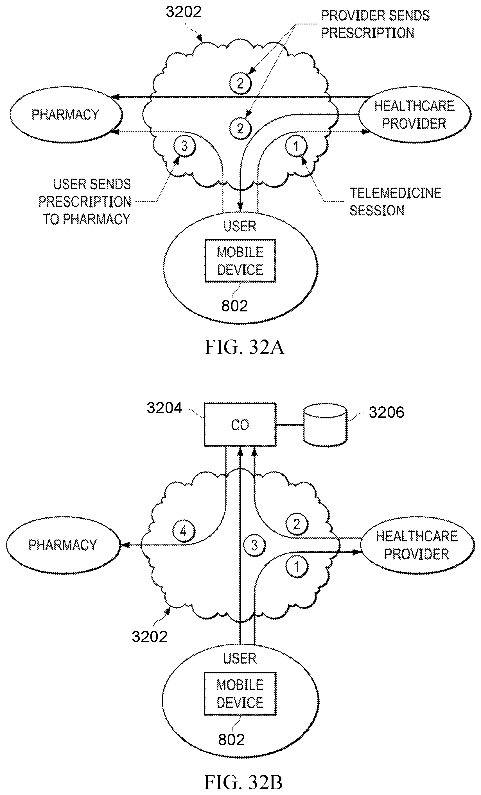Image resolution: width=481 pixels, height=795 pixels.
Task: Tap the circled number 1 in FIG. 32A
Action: click(296, 146)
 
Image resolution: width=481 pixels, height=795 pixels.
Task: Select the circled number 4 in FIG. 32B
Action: click(184, 531)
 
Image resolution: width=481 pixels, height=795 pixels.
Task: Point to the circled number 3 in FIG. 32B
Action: click(254, 545)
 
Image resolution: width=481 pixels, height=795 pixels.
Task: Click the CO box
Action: click(240, 425)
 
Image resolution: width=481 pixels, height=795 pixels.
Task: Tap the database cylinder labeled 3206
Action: click(325, 425)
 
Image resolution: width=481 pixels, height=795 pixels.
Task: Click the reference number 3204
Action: click(164, 408)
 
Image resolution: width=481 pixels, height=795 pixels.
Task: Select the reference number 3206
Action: click(386, 412)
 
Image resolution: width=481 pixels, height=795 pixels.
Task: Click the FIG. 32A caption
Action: click(245, 347)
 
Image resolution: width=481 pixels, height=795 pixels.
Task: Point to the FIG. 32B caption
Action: click(243, 782)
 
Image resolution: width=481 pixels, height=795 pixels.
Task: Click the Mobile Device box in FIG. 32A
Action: click(240, 261)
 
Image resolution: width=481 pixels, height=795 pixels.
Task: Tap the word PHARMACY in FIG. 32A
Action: click(65, 115)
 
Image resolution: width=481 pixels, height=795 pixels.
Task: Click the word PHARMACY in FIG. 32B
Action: click(63, 545)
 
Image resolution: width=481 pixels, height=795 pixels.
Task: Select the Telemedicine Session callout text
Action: click(395, 202)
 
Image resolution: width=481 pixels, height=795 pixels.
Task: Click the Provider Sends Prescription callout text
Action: click(375, 24)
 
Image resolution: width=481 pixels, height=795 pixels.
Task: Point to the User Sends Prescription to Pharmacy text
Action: click(85, 202)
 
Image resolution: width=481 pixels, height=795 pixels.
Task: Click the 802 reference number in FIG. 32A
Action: click(234, 306)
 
